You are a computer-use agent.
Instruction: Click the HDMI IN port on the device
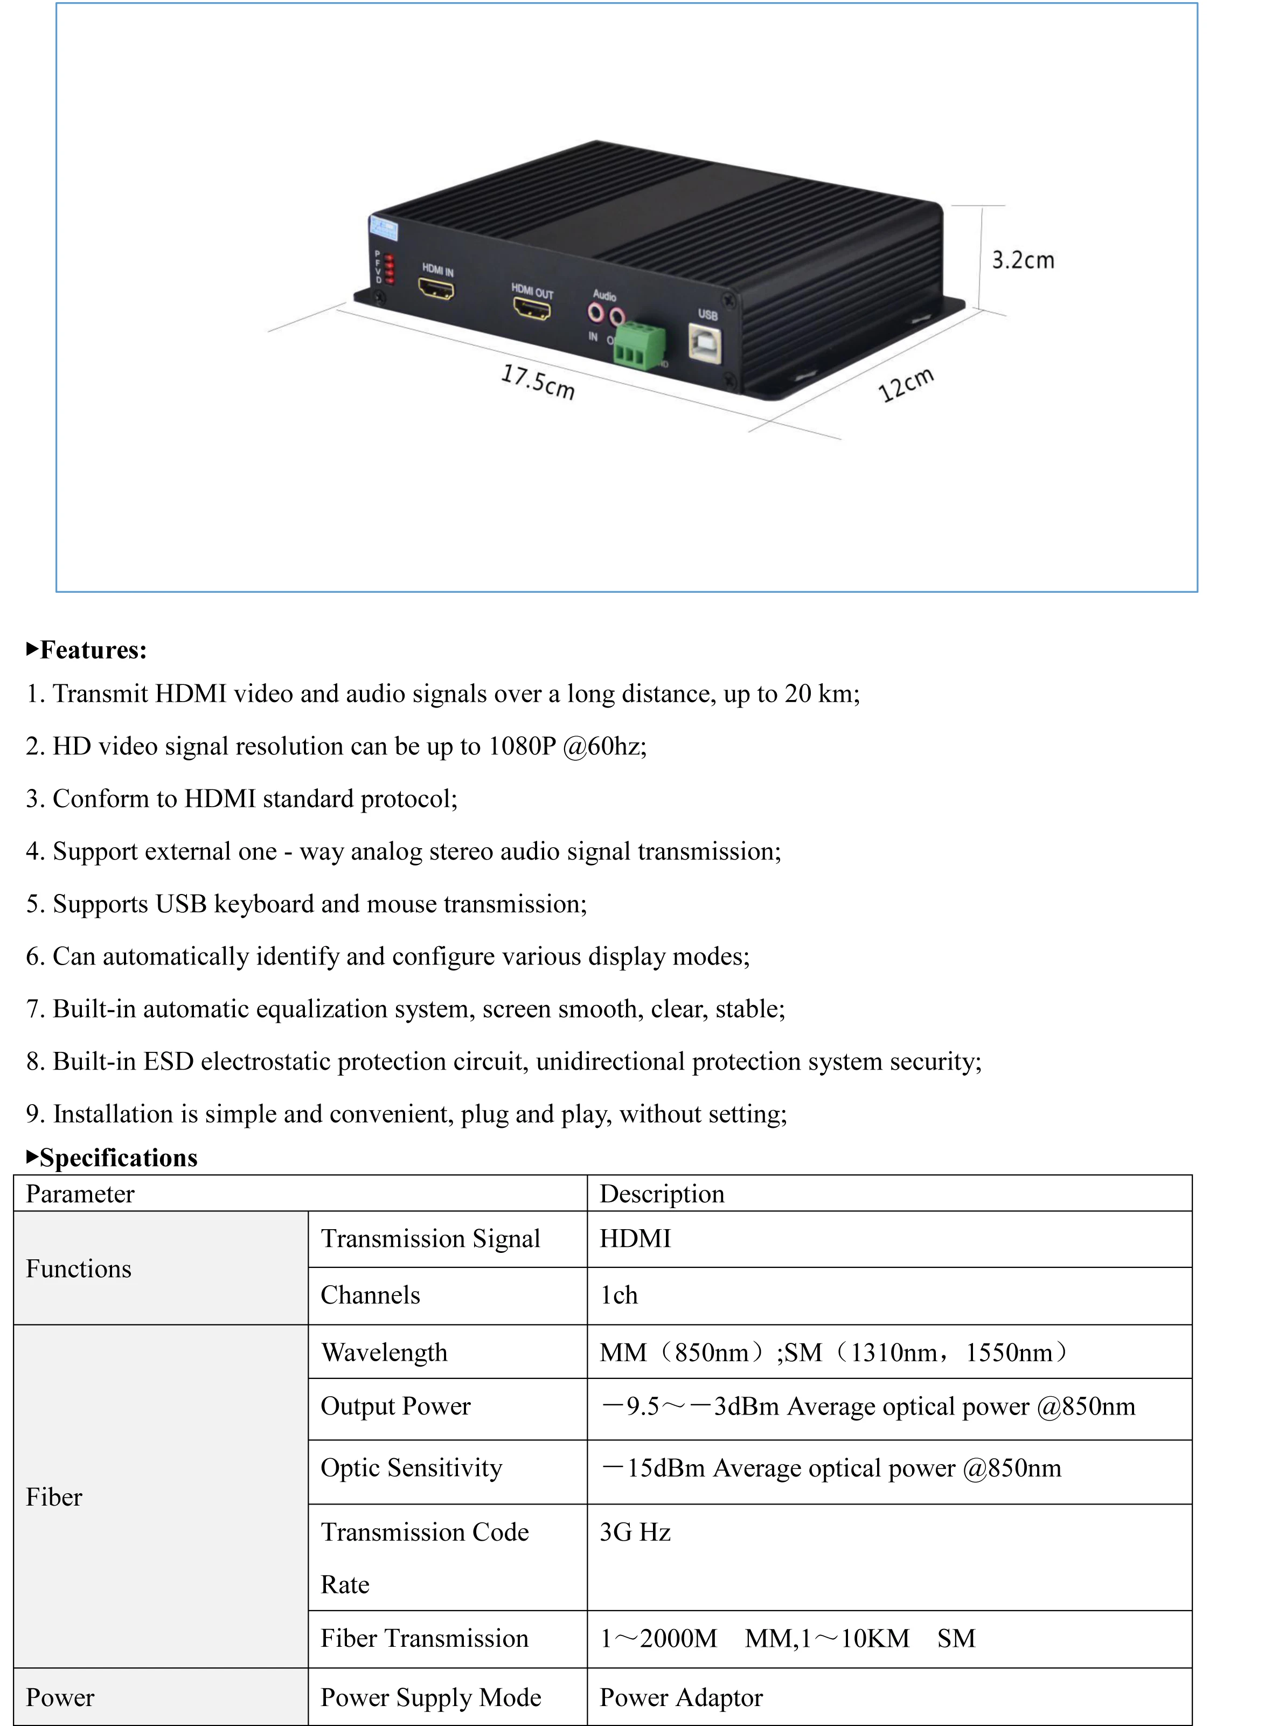click(436, 289)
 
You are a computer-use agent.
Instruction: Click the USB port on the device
click(705, 342)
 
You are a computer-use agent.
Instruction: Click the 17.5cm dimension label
click(538, 382)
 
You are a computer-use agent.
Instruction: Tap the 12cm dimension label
click(906, 385)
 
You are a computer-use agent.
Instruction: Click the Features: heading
click(93, 650)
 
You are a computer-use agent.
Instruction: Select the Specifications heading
click(118, 1158)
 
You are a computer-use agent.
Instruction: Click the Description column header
click(662, 1194)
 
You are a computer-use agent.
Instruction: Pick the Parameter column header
click(80, 1194)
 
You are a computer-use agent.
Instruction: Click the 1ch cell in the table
click(618, 1295)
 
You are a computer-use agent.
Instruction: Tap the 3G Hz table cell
click(635, 1532)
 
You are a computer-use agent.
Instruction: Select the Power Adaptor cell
click(681, 1697)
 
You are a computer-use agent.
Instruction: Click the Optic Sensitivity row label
click(411, 1468)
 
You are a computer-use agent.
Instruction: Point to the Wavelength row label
click(384, 1353)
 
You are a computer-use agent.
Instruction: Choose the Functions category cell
click(79, 1269)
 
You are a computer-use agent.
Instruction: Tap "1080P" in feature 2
click(522, 747)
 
